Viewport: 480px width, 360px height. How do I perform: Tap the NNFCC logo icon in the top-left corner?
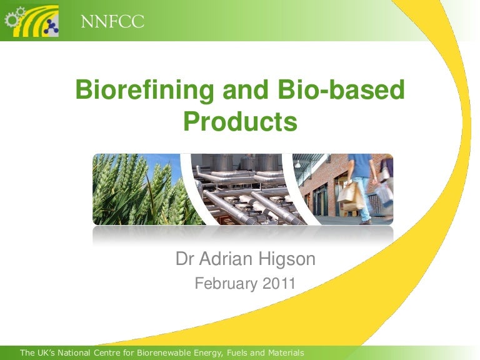click(32, 21)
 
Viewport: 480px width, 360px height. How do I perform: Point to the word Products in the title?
click(239, 121)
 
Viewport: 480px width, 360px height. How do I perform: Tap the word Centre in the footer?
click(105, 354)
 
